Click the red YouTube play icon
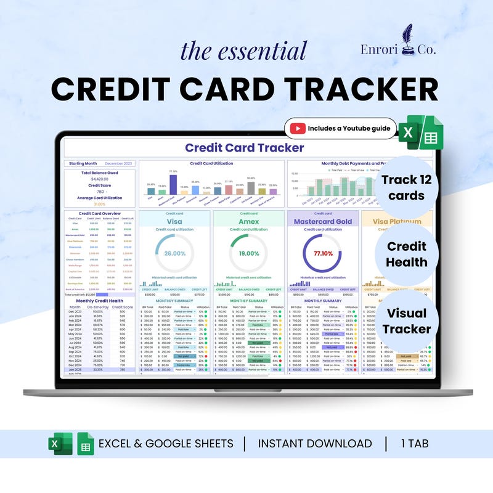pyautogui.click(x=298, y=129)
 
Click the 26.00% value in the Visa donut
pyautogui.click(x=175, y=254)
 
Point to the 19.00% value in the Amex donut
pyautogui.click(x=249, y=254)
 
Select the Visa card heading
pyautogui.click(x=175, y=221)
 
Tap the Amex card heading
pyautogui.click(x=249, y=221)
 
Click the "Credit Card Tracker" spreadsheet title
pyautogui.click(x=244, y=148)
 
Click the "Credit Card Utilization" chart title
pyautogui.click(x=211, y=163)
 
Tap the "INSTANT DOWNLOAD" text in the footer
pyautogui.click(x=314, y=444)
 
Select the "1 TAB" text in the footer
pyautogui.click(x=418, y=444)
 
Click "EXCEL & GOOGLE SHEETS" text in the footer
pyautogui.click(x=166, y=444)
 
